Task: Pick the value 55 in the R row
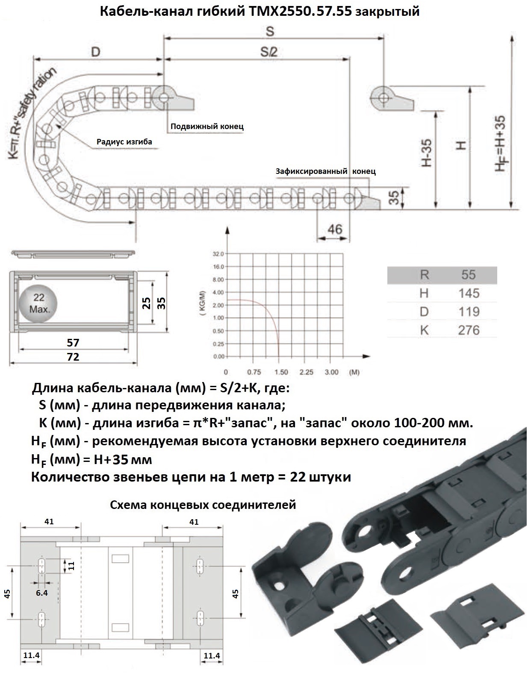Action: coord(469,275)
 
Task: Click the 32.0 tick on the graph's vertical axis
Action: coord(218,254)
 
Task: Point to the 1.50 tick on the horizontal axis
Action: coord(280,372)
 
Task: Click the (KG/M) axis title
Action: coord(203,303)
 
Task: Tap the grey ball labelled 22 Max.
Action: coord(39,303)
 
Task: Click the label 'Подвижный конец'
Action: coord(207,126)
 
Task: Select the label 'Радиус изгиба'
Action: coord(124,142)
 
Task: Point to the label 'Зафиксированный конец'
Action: coord(325,171)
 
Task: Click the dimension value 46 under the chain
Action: coord(335,229)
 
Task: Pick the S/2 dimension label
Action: coord(269,52)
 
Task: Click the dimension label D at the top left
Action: coord(96,52)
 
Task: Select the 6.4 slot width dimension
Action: coord(42,593)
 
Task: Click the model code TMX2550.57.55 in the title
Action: coord(299,12)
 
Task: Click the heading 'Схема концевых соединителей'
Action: coord(203,505)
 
